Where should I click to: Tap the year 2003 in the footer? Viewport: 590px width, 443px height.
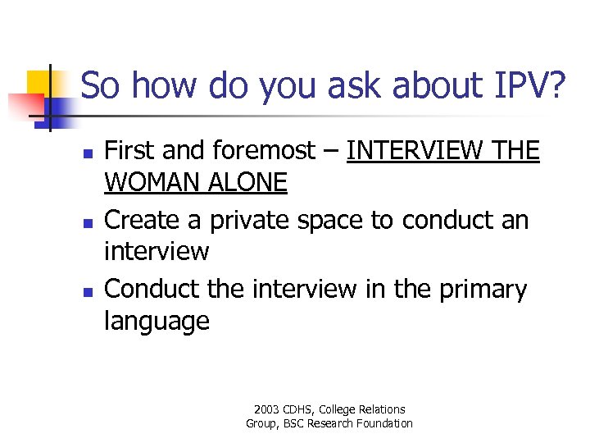[x=266, y=409]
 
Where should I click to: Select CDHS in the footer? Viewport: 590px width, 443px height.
[x=299, y=409]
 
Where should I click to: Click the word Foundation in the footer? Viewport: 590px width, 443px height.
[x=383, y=423]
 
